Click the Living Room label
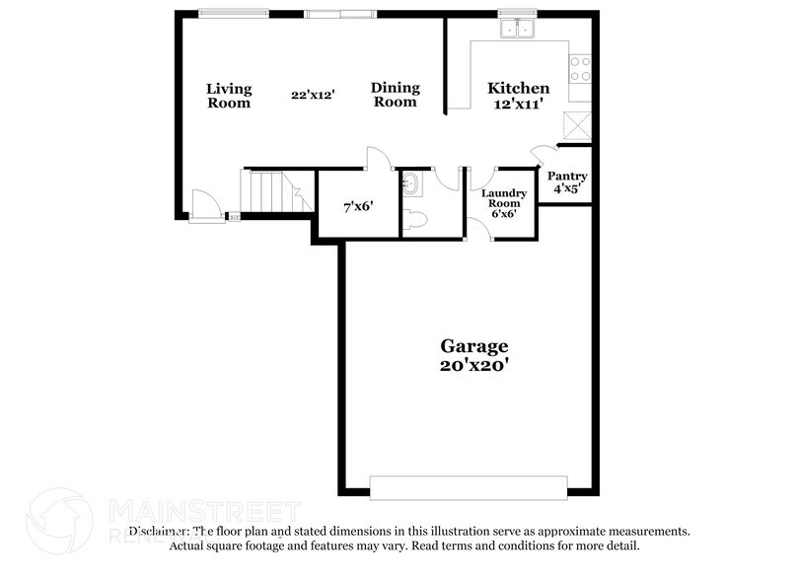[x=228, y=96]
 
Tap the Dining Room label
[x=395, y=95]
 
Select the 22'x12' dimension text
[x=313, y=96]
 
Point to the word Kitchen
[x=519, y=89]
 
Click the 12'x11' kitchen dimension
[x=519, y=104]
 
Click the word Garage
[x=473, y=346]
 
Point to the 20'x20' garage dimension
[x=473, y=364]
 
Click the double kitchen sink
[x=517, y=28]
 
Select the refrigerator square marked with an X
[x=576, y=125]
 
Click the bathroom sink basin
[x=411, y=183]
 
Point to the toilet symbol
[x=414, y=219]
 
